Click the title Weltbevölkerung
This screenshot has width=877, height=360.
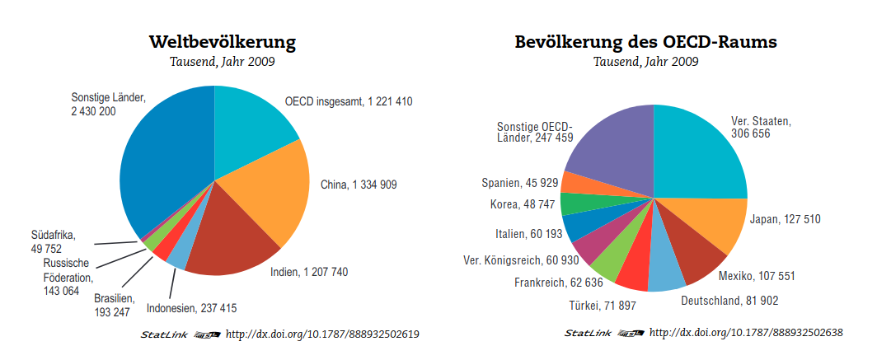click(223, 41)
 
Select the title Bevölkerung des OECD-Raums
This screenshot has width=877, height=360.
click(646, 41)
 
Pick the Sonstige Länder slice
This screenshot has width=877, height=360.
click(161, 165)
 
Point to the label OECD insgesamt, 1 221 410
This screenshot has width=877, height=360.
click(349, 102)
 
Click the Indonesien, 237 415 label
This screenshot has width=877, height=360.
click(191, 309)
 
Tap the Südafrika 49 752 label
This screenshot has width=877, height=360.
click(53, 242)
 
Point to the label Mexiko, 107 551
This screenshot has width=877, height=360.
click(756, 275)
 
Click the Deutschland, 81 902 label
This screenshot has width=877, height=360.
click(729, 301)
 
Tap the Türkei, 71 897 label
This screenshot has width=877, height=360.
click(603, 306)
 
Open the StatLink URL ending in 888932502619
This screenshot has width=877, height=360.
click(322, 334)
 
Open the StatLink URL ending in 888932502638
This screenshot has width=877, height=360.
click(746, 333)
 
